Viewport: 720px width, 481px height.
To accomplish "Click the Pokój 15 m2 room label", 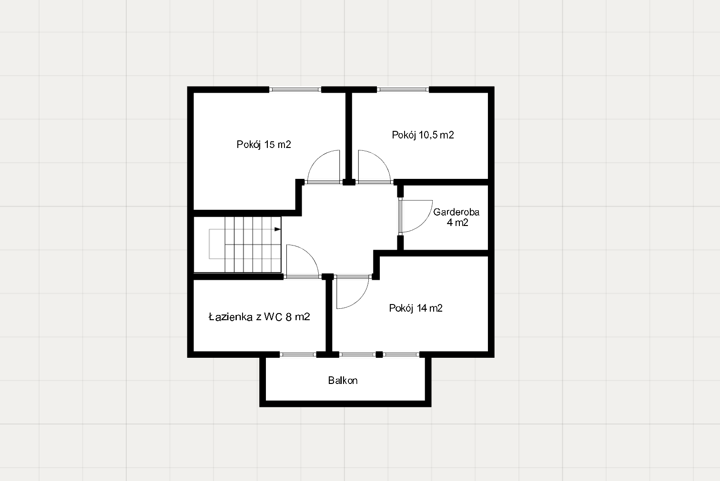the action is tap(264, 145).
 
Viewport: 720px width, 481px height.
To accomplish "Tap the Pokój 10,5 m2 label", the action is tap(423, 135).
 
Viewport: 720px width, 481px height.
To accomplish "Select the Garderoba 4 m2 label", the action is tap(456, 217).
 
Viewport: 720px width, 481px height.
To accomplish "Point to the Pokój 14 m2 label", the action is tap(416, 308).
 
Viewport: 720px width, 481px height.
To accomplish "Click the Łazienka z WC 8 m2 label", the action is tap(259, 317).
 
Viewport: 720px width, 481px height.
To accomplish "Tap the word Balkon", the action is tap(343, 381).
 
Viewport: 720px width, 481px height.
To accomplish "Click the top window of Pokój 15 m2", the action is tap(295, 89).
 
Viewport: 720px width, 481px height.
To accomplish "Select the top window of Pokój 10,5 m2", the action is tap(403, 89).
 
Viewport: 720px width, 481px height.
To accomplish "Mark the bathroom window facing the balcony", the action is tap(298, 354).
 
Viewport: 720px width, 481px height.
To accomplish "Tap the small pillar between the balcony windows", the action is tap(379, 354).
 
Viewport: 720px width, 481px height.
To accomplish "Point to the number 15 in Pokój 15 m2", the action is tap(269, 145).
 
